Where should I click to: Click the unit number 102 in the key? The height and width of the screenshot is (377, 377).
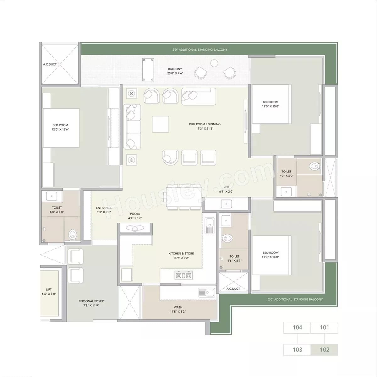tap(324, 350)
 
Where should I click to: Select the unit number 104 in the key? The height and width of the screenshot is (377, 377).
tap(297, 327)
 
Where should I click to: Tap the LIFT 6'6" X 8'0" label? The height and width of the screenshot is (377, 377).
tap(49, 292)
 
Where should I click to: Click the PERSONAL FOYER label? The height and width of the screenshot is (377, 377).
tap(91, 303)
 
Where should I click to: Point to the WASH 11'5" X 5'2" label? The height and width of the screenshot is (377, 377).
tap(178, 309)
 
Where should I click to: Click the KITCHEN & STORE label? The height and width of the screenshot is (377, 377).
tap(181, 255)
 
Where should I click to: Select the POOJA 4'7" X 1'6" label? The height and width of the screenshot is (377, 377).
tap(135, 216)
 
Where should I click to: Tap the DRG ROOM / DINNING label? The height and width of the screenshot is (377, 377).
tap(205, 126)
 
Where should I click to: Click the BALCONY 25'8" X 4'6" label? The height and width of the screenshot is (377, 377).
tap(175, 71)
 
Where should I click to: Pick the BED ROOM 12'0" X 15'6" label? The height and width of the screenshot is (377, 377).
tap(60, 127)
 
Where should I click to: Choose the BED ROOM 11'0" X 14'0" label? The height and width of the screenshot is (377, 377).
tap(270, 255)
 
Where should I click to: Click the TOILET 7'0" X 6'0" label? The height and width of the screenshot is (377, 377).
tap(286, 174)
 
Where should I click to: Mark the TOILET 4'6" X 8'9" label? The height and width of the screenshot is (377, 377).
tap(234, 258)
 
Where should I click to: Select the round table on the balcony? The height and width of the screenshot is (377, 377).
tap(214, 63)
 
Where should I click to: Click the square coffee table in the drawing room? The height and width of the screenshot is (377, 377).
tap(160, 124)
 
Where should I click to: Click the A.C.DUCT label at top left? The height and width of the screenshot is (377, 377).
tap(50, 64)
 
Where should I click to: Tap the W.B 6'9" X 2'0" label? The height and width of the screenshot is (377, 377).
tap(226, 189)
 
